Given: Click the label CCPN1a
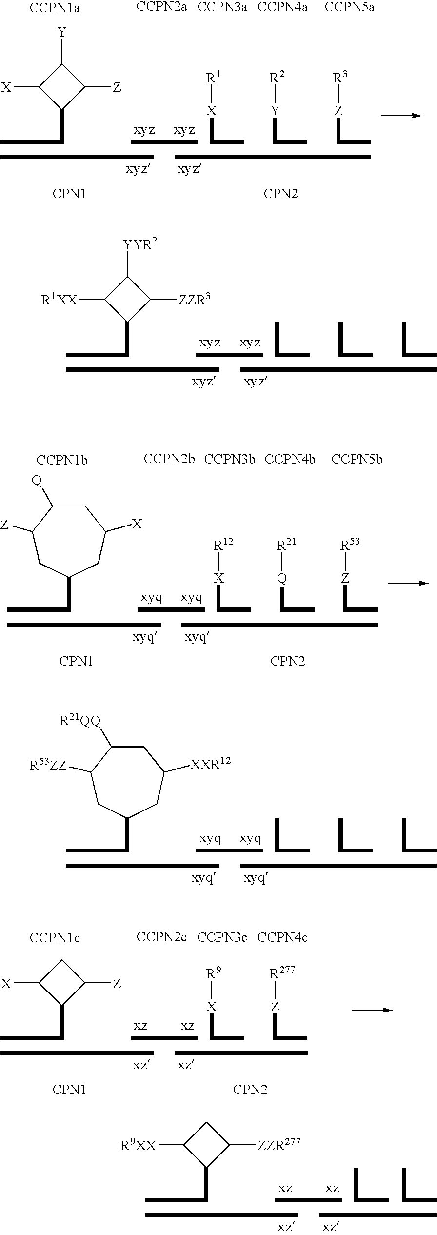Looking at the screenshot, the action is pyautogui.click(x=55, y=8).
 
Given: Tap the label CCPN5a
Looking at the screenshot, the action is pyautogui.click(x=349, y=7).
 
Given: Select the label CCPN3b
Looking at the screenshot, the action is pyautogui.click(x=230, y=460).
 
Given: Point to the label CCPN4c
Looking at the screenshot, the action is pyautogui.click(x=282, y=937).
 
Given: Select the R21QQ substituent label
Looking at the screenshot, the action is pyautogui.click(x=80, y=721).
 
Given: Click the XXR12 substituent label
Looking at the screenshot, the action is pyautogui.click(x=210, y=764).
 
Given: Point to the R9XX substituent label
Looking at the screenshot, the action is pyautogui.click(x=139, y=1145).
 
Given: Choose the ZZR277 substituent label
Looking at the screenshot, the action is pyautogui.click(x=279, y=1144).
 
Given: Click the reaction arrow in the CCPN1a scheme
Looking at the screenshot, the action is pyautogui.click(x=401, y=116).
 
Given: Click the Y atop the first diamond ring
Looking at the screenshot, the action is pyautogui.click(x=62, y=33).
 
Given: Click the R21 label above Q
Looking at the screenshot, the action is pyautogui.click(x=287, y=544).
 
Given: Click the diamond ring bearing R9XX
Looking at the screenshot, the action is pyautogui.click(x=206, y=1144).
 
